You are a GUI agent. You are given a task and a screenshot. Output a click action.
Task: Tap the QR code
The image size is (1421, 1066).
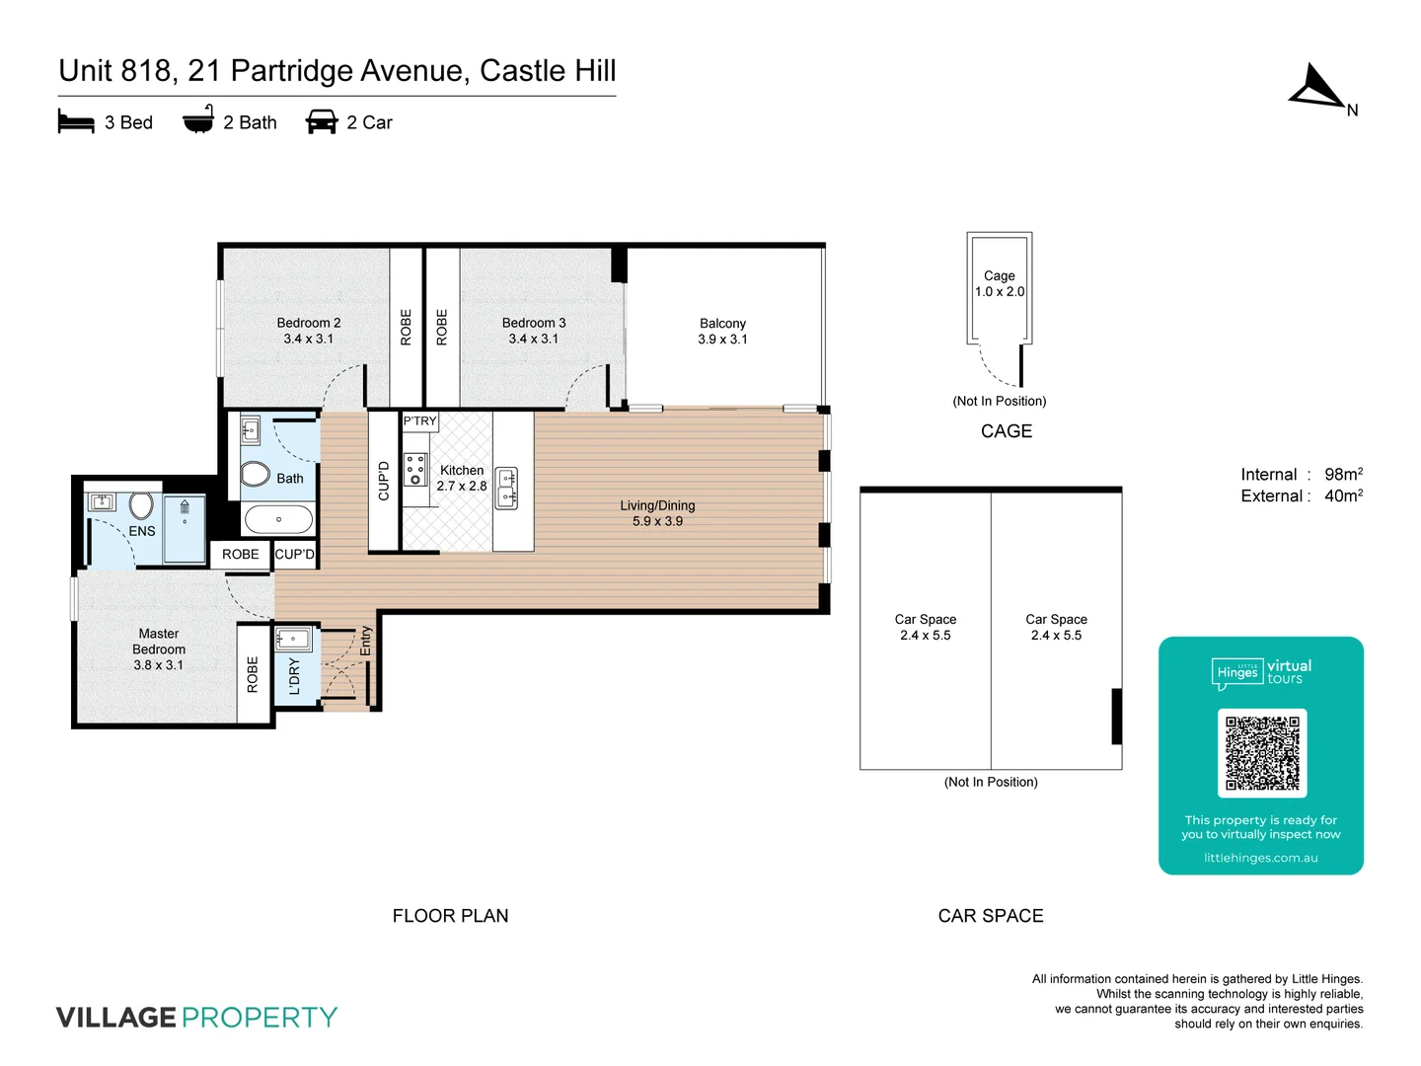click(x=1262, y=752)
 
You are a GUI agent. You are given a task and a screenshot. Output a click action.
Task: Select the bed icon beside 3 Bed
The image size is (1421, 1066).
click(x=76, y=122)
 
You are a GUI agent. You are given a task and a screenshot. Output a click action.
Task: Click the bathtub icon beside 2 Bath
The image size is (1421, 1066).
click(x=198, y=120)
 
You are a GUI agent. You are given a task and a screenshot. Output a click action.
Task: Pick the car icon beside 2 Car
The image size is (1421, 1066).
click(x=322, y=122)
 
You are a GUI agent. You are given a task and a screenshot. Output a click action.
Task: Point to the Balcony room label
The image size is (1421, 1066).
click(x=722, y=331)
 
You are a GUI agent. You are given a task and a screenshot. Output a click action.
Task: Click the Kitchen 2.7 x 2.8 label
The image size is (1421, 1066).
click(x=462, y=478)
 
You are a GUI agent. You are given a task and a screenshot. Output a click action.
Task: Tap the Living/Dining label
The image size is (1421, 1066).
click(x=657, y=513)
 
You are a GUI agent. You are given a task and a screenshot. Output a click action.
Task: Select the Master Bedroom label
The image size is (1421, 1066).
click(x=159, y=648)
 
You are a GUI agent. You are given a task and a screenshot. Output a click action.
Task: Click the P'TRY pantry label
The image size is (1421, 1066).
click(x=419, y=421)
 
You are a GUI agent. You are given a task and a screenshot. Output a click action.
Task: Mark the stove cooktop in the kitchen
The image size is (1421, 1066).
click(x=415, y=470)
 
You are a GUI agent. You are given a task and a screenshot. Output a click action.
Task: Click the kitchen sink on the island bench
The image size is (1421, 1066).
click(x=506, y=488)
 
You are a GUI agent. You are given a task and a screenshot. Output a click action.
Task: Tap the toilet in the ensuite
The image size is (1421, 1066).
click(x=141, y=505)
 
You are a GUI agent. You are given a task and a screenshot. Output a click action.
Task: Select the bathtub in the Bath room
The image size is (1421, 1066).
click(x=278, y=519)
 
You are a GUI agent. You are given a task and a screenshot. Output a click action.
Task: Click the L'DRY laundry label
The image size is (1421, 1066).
click(x=294, y=676)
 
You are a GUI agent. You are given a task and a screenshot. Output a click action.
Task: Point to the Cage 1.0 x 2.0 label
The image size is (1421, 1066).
click(x=1000, y=283)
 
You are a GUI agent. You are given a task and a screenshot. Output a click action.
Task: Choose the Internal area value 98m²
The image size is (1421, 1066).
click(x=1343, y=475)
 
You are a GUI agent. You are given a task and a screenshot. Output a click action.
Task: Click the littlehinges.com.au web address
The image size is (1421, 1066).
click(x=1260, y=858)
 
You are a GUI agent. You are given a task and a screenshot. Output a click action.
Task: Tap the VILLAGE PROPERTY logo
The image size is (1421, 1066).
click(x=196, y=1018)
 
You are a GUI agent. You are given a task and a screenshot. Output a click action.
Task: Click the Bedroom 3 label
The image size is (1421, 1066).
click(x=534, y=331)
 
